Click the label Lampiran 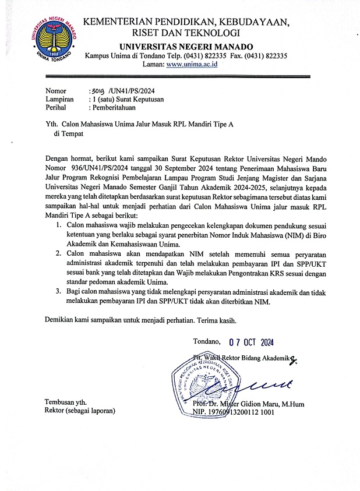pyautogui.click(x=60, y=100)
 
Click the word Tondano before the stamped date pyautogui.click(x=207, y=342)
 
